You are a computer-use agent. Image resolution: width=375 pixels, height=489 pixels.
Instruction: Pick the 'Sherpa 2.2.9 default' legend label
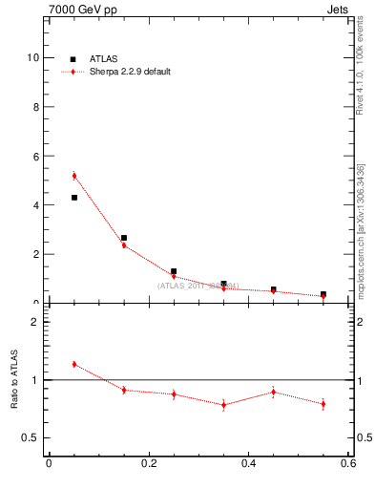click(131, 72)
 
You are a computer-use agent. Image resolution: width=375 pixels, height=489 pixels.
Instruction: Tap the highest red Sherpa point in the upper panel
click(74, 176)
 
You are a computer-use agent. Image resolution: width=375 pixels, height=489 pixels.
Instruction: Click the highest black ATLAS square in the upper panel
click(74, 198)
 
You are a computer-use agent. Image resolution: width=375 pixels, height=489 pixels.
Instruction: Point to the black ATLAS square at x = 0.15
click(124, 238)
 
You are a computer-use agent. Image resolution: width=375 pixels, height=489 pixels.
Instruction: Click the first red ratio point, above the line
click(74, 364)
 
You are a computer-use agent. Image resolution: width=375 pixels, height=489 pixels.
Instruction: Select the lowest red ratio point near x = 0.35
click(223, 405)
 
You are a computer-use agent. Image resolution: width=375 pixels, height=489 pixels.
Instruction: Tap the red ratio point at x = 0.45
click(274, 392)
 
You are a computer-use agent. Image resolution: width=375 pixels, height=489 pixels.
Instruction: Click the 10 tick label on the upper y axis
click(33, 57)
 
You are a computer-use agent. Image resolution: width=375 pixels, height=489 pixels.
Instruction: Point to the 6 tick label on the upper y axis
click(36, 156)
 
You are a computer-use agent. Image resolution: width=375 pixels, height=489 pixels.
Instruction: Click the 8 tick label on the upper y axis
click(36, 107)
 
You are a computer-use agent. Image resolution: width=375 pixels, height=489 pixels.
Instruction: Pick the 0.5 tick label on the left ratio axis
click(31, 437)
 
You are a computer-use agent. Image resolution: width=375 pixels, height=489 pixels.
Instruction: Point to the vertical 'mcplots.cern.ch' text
click(361, 258)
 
